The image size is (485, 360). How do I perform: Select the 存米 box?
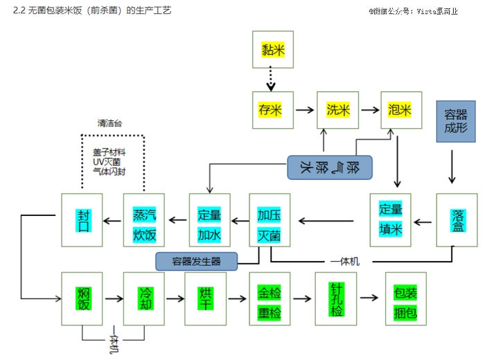click(x=270, y=109)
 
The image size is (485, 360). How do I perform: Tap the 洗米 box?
click(x=338, y=109)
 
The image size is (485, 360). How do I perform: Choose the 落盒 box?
click(x=457, y=220)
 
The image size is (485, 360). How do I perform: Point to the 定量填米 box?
click(x=390, y=219)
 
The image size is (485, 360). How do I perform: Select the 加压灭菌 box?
click(x=270, y=220)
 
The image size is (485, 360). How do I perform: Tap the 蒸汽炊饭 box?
click(x=144, y=220)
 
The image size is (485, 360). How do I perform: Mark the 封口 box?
click(x=82, y=220)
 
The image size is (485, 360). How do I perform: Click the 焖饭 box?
click(x=82, y=298)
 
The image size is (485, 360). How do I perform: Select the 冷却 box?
click(x=144, y=298)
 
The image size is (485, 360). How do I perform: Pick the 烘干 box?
click(x=205, y=298)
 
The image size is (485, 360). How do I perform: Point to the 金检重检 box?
click(x=270, y=298)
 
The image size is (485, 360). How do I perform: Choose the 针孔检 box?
click(x=335, y=298)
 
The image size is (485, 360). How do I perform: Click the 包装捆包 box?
click(x=405, y=298)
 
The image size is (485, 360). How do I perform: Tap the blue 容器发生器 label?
click(x=196, y=261)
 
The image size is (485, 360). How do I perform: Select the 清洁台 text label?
click(x=110, y=123)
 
